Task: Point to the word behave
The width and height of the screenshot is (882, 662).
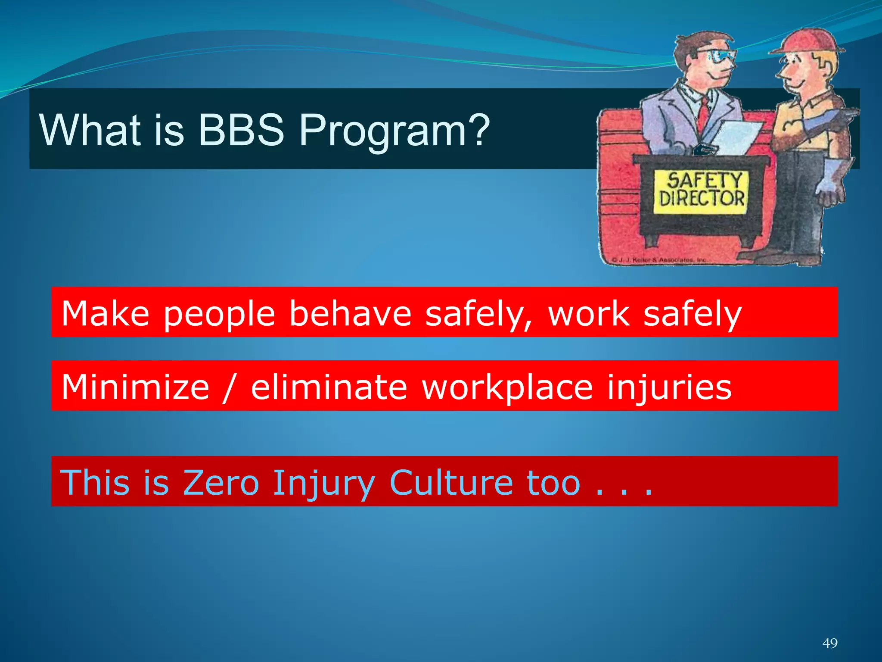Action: click(x=350, y=314)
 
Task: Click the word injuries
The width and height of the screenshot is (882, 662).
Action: click(x=669, y=387)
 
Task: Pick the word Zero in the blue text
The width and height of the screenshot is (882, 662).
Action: click(x=220, y=483)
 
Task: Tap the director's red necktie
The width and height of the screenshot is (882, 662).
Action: click(x=703, y=114)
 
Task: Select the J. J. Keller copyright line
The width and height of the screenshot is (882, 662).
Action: click(x=659, y=260)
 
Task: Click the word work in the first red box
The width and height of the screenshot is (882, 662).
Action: click(x=588, y=314)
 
